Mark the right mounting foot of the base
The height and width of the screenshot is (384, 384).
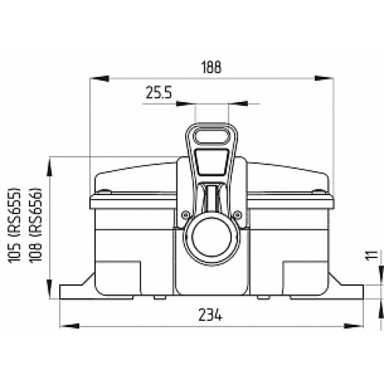(x=349, y=292)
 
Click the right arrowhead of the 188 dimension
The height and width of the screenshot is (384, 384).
(x=333, y=77)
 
